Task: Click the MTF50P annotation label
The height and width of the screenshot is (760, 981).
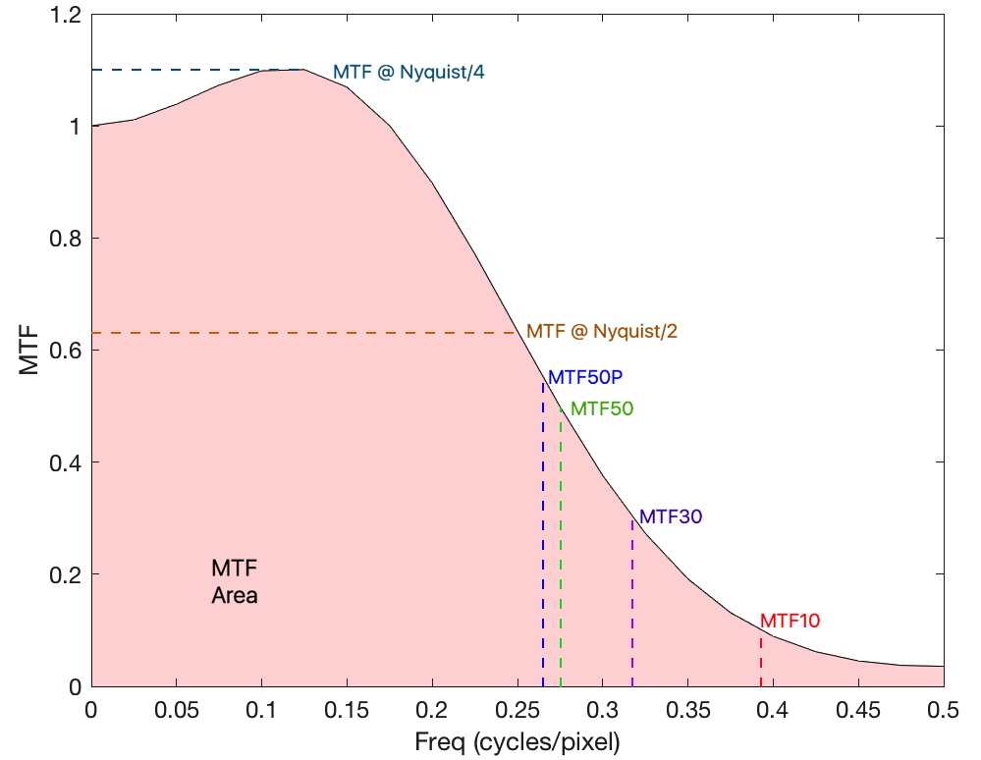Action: (586, 377)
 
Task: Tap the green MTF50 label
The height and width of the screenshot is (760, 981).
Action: (602, 408)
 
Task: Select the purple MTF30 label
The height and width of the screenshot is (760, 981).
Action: (671, 516)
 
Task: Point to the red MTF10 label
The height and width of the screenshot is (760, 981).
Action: (790, 621)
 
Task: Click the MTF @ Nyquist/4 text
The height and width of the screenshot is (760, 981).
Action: (409, 72)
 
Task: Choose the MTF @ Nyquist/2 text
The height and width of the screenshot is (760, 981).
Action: (602, 332)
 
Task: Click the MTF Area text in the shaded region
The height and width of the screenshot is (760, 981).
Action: (235, 581)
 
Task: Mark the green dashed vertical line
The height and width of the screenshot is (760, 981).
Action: (561, 560)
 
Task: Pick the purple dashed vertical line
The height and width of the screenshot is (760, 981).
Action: (632, 609)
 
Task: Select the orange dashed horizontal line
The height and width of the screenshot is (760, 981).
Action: (295, 333)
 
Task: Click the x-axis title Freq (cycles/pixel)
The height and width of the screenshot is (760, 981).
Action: (518, 742)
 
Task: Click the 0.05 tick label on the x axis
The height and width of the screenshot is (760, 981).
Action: (176, 709)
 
